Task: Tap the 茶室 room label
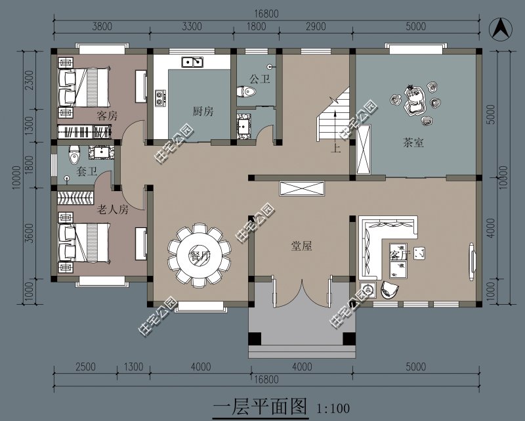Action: click(x=413, y=143)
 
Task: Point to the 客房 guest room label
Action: click(x=106, y=116)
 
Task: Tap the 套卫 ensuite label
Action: click(x=87, y=172)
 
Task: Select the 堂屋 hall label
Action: click(x=301, y=246)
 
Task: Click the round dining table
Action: click(x=199, y=254)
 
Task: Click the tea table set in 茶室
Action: click(x=416, y=101)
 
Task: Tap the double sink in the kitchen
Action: click(x=192, y=62)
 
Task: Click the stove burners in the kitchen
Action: click(x=159, y=98)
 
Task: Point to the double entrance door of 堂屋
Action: click(x=301, y=292)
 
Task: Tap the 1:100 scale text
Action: click(x=333, y=409)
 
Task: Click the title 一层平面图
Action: click(x=261, y=407)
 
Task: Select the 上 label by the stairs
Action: click(x=335, y=148)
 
